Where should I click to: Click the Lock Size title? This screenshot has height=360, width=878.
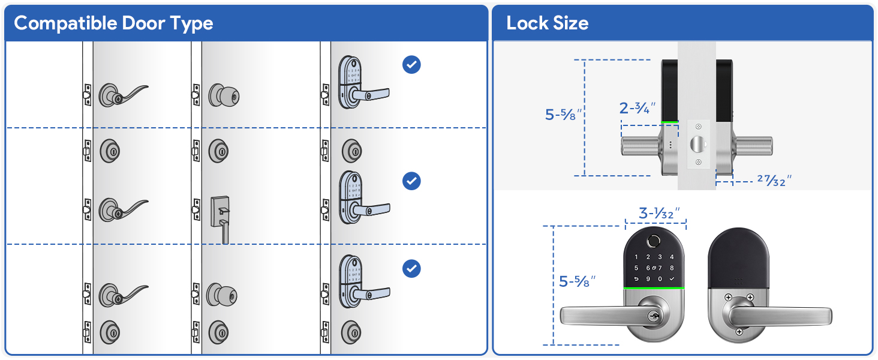coord(547,23)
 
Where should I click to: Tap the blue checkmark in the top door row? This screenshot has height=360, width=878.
coord(411,64)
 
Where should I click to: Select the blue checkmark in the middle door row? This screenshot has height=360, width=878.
coord(411,181)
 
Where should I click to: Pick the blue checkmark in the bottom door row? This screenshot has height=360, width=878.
coord(411,269)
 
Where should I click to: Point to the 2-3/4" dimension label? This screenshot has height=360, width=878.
coord(637,109)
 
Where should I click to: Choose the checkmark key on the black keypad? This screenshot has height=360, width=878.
coord(672,279)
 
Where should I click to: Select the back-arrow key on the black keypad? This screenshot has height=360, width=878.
coord(637,279)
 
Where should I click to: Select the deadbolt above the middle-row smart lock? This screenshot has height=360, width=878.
coord(352,151)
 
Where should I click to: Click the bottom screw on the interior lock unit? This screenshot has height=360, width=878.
coord(739,332)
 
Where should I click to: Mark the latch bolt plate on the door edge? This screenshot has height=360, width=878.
coord(697,145)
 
